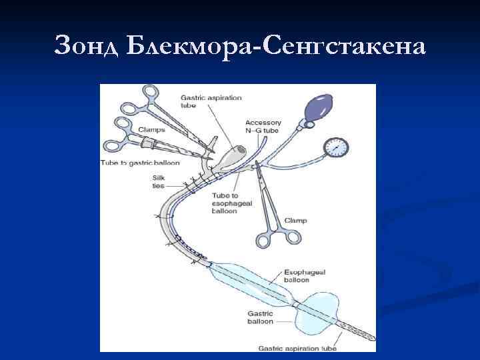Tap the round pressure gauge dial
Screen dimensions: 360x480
click(337, 147)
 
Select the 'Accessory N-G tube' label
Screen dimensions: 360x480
click(263, 127)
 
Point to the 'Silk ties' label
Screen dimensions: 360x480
click(159, 181)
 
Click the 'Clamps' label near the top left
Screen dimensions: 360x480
click(152, 131)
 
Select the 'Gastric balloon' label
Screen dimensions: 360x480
click(260, 317)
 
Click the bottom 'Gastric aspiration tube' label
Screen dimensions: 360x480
click(297, 347)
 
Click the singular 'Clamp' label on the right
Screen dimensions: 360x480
click(295, 220)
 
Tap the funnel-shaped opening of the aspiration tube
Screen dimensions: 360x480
click(230, 157)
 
